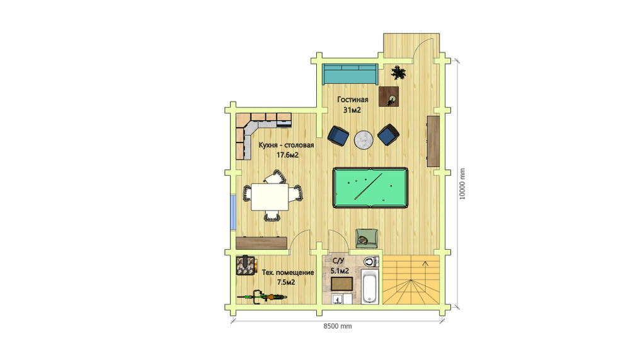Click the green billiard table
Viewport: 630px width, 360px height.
[x=370, y=188]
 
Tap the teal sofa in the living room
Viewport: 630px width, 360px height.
[x=350, y=74]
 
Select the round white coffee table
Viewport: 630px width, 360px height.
[x=364, y=140]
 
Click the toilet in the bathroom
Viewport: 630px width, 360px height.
[x=371, y=262]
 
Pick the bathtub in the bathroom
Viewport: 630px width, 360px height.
[x=370, y=286]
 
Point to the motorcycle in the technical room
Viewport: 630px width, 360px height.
[x=262, y=298]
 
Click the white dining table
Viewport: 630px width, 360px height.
[x=270, y=197]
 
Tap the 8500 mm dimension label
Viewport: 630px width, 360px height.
[x=338, y=326]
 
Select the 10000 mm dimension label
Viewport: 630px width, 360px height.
[x=462, y=184]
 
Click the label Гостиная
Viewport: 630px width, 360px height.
[x=352, y=100]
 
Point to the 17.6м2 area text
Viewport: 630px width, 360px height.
[x=287, y=155]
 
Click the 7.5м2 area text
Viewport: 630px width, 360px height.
[x=286, y=282]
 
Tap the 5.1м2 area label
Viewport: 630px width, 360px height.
[x=340, y=270]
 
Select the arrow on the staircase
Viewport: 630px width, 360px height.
[x=425, y=264]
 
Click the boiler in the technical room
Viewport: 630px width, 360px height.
[x=246, y=265]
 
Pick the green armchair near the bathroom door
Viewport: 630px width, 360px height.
[x=367, y=238]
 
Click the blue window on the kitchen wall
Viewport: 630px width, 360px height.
[x=232, y=212]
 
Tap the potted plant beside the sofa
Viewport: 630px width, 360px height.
[x=398, y=73]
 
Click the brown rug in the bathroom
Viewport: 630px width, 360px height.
[x=342, y=284]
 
